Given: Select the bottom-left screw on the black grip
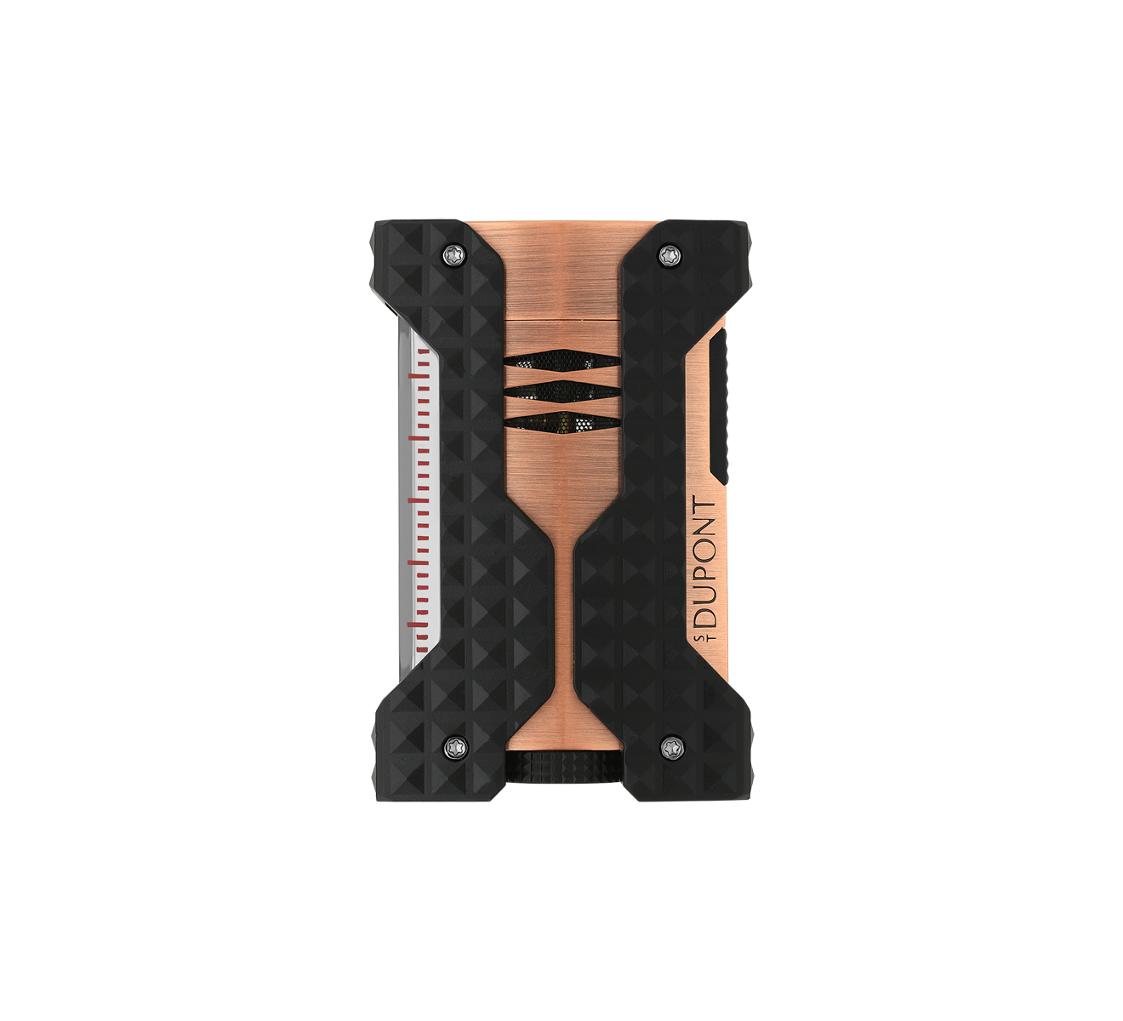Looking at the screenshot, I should pyautogui.click(x=456, y=745).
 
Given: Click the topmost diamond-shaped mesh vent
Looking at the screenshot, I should pyautogui.click(x=560, y=361).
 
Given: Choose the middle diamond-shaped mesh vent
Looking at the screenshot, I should pyautogui.click(x=560, y=391).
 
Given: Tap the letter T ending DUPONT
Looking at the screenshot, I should pyautogui.click(x=706, y=508).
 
